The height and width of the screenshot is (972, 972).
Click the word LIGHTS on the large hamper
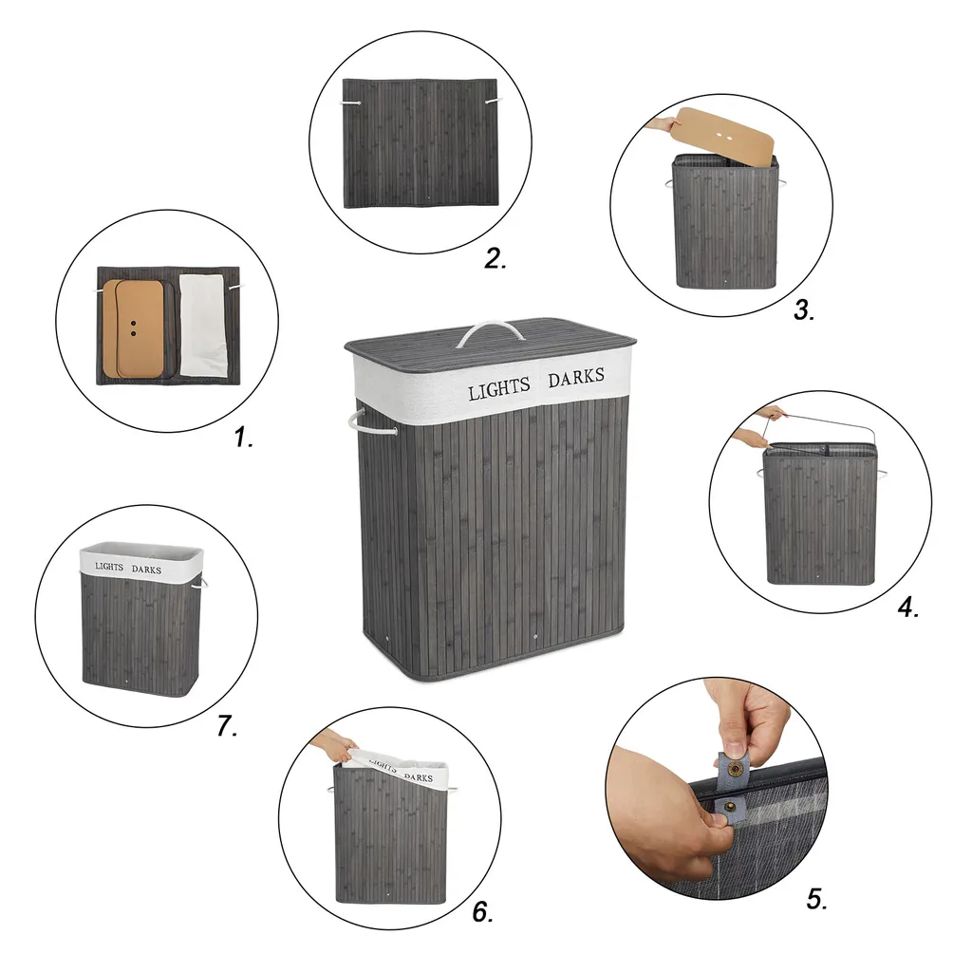499,388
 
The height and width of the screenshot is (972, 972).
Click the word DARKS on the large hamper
576,377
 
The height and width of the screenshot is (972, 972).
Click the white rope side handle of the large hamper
370,421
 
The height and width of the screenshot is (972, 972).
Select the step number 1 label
244,438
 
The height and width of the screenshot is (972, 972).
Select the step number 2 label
495,258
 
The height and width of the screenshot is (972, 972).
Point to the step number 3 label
804,309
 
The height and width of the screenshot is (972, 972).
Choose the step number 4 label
908,607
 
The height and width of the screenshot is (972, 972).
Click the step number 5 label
816,898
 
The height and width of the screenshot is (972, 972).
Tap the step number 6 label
482,911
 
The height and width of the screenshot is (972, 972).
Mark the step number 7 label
227,725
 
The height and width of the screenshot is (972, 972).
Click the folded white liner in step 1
203,326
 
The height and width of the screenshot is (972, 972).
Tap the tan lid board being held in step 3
722,137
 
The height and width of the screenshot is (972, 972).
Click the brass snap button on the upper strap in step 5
736,770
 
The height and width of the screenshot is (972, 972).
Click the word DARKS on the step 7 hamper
146,570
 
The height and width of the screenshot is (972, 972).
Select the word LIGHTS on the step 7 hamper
109,567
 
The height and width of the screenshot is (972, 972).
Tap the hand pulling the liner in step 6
333,744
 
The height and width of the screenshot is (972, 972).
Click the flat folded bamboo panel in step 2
421,142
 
